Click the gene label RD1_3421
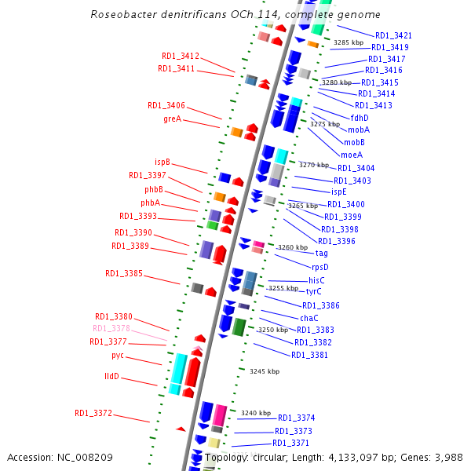click(393, 35)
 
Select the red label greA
click(172, 119)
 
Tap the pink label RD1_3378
click(111, 329)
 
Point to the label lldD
click(111, 377)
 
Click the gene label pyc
click(118, 356)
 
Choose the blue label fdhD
click(360, 118)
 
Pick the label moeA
click(352, 155)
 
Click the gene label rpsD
click(319, 267)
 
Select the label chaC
click(309, 318)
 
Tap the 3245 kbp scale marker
click(265, 371)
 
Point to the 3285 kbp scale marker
click(349, 42)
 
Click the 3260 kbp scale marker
click(293, 247)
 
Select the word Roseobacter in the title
click(123, 15)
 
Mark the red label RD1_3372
click(93, 413)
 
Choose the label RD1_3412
click(181, 57)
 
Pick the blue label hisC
click(316, 280)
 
